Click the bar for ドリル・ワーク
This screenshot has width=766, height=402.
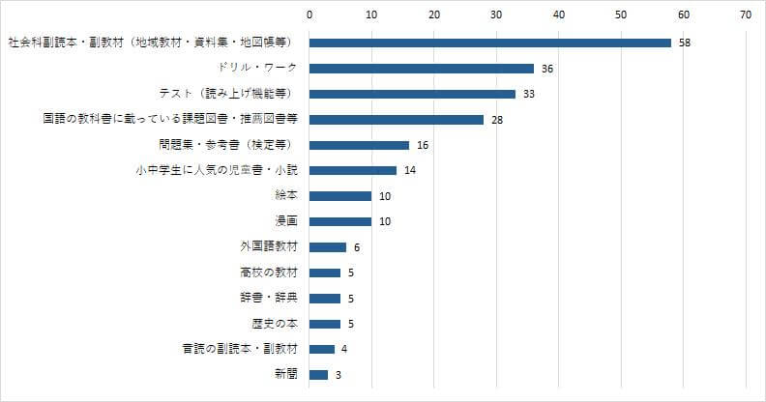point(421,69)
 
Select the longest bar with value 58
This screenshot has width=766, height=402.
point(489,43)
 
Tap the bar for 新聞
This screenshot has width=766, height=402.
point(318,374)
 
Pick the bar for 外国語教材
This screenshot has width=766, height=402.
point(327,246)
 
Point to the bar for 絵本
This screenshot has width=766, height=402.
point(339,196)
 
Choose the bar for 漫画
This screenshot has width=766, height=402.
point(339,221)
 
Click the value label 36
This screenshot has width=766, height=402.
point(546,69)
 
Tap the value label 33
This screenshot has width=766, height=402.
point(528,94)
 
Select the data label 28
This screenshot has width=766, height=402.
point(497,120)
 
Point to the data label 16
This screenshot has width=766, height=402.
point(422,145)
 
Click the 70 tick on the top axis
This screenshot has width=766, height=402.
point(745,14)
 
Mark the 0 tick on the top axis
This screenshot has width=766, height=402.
point(309,14)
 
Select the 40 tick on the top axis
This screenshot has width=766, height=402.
point(558,14)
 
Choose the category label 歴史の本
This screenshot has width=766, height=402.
point(274,323)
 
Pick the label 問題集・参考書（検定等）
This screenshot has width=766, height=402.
point(226,145)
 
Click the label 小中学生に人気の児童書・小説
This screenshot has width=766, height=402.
point(217,170)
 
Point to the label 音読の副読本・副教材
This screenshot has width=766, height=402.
point(239,348)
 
